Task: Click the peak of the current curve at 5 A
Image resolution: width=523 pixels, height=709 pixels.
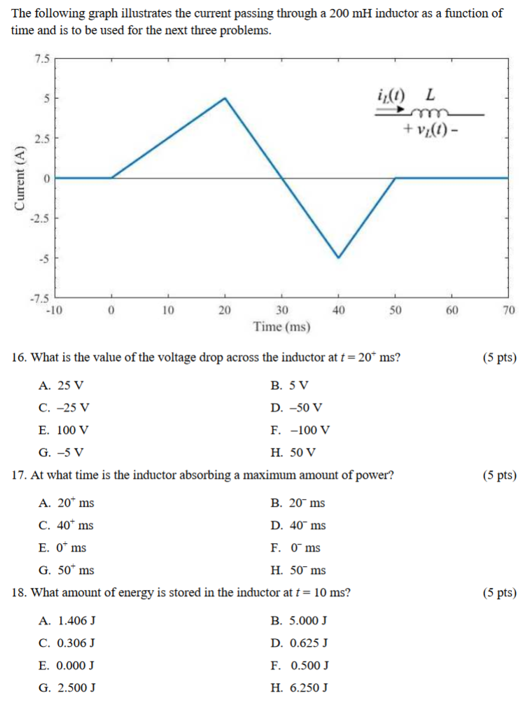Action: click(x=225, y=98)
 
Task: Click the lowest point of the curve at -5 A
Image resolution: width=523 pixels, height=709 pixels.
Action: click(x=339, y=258)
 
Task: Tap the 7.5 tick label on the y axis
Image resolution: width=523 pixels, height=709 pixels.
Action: click(x=42, y=59)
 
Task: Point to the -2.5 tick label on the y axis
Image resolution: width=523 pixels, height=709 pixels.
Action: click(x=39, y=218)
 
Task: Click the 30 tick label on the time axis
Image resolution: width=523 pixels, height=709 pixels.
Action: click(x=281, y=311)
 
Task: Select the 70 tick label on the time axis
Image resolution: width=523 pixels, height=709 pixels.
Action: click(x=508, y=311)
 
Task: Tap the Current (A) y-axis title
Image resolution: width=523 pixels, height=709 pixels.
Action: click(x=19, y=178)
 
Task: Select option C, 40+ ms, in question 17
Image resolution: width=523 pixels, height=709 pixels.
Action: click(x=67, y=525)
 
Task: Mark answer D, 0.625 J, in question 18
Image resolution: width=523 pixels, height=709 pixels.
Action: click(x=299, y=643)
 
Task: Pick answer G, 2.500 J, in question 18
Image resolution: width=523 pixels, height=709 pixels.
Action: click(x=68, y=687)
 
